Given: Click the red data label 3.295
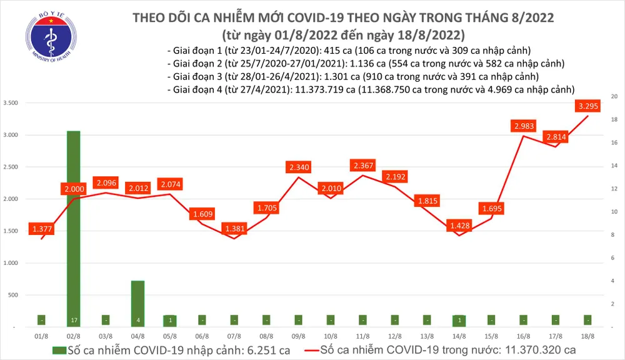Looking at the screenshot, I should click(589, 106).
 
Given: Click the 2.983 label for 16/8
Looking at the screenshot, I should click(524, 127).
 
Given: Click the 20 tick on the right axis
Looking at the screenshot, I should click(614, 97).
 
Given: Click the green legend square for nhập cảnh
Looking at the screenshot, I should click(57, 349).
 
